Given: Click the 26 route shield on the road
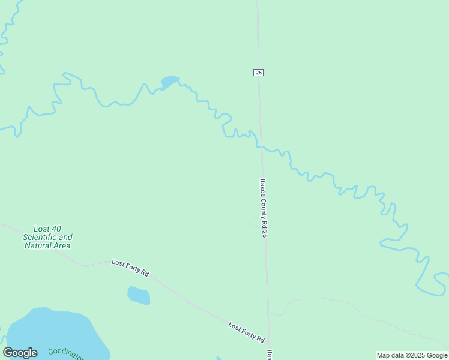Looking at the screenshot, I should (x=258, y=73).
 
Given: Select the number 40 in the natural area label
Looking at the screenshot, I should (x=56, y=229).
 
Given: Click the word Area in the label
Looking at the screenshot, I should (x=62, y=246).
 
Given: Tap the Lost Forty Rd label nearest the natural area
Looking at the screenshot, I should (x=130, y=268).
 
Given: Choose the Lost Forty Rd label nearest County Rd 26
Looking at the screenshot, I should (x=246, y=332).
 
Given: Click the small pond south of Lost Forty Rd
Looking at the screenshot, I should (x=139, y=295).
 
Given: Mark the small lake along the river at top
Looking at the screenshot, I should (x=169, y=82).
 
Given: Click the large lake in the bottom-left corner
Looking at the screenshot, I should (x=54, y=333).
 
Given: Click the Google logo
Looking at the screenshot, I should (x=20, y=353).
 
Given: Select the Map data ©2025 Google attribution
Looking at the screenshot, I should (x=412, y=355).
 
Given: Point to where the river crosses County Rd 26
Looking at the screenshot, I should (x=261, y=146).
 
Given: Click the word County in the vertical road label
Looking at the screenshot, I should (x=263, y=206).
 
